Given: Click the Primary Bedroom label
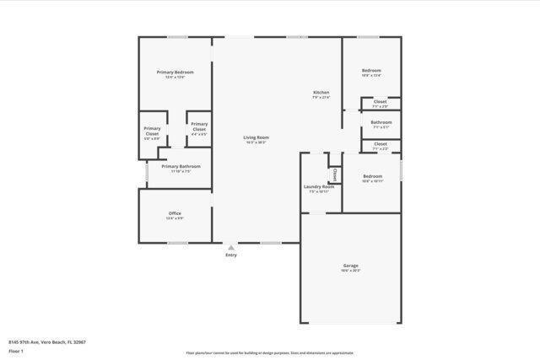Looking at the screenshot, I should pyautogui.click(x=175, y=72).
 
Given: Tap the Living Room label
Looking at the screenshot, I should pyautogui.click(x=256, y=137).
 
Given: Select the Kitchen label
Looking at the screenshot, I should pyautogui.click(x=321, y=92).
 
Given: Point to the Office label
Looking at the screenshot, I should pyautogui.click(x=175, y=213).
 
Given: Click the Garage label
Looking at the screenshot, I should pyautogui.click(x=350, y=266).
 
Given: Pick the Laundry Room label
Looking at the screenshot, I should pyautogui.click(x=318, y=186).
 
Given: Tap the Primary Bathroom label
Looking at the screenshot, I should pyautogui.click(x=181, y=166).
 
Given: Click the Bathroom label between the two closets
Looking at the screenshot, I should pyautogui.click(x=381, y=122).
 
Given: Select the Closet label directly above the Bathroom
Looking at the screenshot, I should pyautogui.click(x=381, y=101).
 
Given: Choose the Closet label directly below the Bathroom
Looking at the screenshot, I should pyautogui.click(x=381, y=143).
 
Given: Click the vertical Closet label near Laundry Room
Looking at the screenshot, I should pyautogui.click(x=335, y=175).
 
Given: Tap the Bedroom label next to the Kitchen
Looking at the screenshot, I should pyautogui.click(x=371, y=70).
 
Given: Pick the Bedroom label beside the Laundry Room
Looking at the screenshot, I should pyautogui.click(x=372, y=176).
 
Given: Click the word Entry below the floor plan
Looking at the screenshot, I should pyautogui.click(x=231, y=255).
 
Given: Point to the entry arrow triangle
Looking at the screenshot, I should pyautogui.click(x=231, y=248).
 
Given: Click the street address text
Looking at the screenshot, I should pyautogui.click(x=48, y=341).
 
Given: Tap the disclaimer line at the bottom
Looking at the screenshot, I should pyautogui.click(x=270, y=354).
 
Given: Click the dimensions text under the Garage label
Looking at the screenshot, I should pyautogui.click(x=350, y=271).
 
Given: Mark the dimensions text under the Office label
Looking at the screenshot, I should pyautogui.click(x=175, y=218).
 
